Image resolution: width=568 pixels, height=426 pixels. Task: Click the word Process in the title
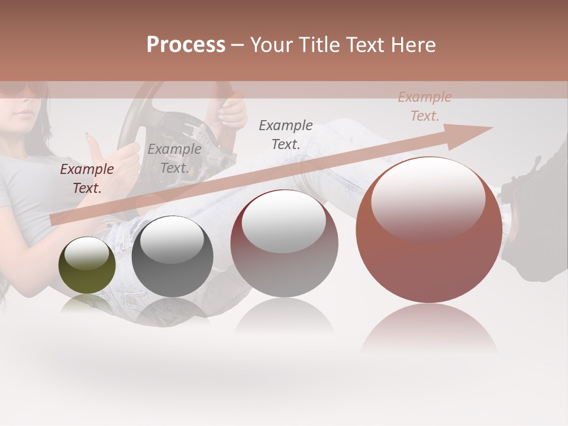click(186, 45)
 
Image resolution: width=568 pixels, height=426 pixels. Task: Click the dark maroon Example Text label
click(86, 179)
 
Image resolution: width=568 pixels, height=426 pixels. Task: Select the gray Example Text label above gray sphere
click(174, 159)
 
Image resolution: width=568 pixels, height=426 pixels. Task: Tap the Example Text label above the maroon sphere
click(286, 134)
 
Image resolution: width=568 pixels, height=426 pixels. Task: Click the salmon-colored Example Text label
click(424, 106)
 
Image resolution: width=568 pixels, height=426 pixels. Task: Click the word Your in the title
click(271, 45)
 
